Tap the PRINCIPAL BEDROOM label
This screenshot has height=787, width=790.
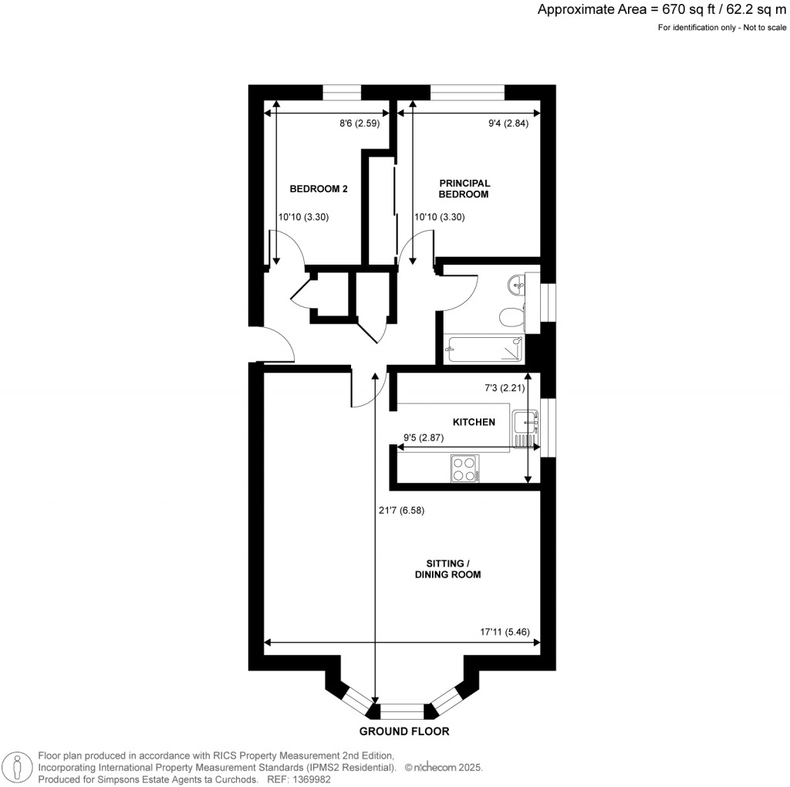click(464, 189)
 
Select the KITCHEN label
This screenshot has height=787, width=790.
click(473, 422)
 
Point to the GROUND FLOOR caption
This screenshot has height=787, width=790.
click(403, 731)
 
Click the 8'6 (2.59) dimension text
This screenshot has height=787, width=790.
click(358, 123)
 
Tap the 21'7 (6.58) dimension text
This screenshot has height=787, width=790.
click(401, 510)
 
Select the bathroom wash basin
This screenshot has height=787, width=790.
click(517, 285)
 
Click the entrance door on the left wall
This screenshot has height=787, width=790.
click(274, 344)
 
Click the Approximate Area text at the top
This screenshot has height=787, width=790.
click(662, 10)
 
